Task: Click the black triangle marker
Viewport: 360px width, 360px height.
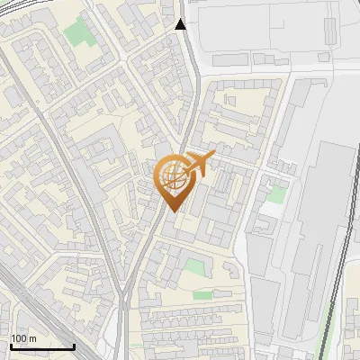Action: [x=181, y=25]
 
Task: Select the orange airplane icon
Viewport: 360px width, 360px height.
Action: [x=198, y=164]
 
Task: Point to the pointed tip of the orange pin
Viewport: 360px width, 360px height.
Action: [x=171, y=211]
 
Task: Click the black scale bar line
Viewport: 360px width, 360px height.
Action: [x=42, y=347]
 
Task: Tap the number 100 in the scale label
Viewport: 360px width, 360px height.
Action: [x=18, y=339]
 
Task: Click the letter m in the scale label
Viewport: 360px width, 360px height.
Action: [x=31, y=339]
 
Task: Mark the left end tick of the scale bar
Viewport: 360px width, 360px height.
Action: [x=10, y=346]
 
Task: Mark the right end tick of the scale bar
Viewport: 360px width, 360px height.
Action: [x=75, y=346]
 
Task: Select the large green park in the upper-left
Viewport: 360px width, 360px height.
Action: [x=78, y=33]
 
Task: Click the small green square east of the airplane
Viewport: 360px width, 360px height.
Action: [x=278, y=194]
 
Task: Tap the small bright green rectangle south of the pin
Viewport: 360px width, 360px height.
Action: [x=203, y=294]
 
